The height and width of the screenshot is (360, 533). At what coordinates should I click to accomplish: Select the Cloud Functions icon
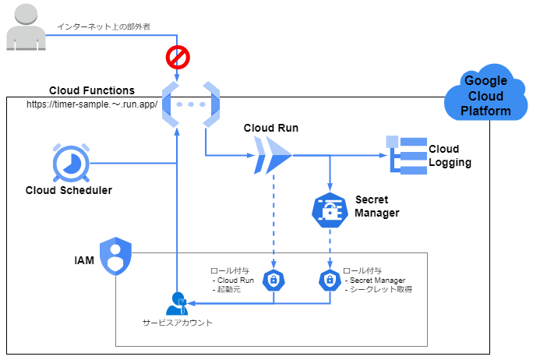click(190, 104)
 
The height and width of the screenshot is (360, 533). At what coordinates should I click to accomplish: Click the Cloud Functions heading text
click(91, 90)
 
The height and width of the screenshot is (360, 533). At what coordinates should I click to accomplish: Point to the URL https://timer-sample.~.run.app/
click(92, 104)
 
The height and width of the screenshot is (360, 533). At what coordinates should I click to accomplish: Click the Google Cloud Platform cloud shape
click(485, 95)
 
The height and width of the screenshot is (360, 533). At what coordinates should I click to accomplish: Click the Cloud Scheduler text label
click(69, 190)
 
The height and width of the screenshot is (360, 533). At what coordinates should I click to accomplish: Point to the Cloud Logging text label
click(450, 156)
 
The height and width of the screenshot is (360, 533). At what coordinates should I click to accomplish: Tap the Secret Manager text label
click(377, 206)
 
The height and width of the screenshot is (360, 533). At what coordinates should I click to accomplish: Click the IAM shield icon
click(116, 256)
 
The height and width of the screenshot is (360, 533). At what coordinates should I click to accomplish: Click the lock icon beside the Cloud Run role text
click(274, 280)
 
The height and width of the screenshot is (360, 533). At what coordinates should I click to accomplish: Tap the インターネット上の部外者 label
click(104, 26)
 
